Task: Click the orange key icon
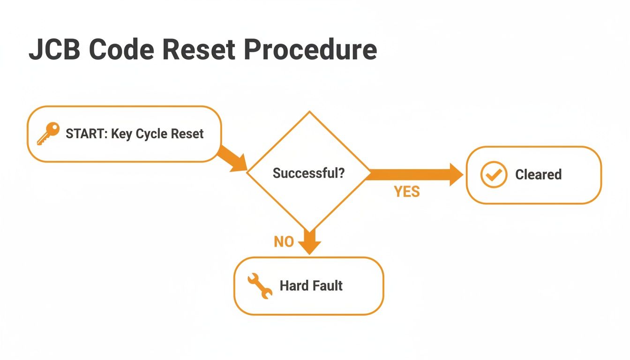[x=48, y=134]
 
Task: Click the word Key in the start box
[x=121, y=134]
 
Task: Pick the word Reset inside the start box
[x=187, y=134]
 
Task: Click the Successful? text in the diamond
[x=308, y=173]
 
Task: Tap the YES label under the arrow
[x=406, y=191]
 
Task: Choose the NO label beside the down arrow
[x=284, y=241]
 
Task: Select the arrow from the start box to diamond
[x=233, y=158]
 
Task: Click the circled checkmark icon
[x=494, y=174]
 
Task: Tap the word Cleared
[x=538, y=174]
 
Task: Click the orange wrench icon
[x=259, y=286]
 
